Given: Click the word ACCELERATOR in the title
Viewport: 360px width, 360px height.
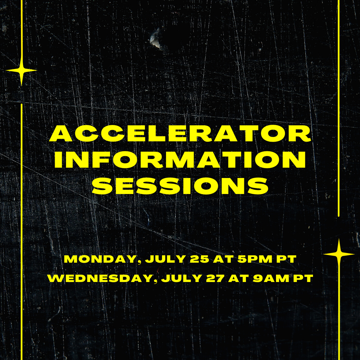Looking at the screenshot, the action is [x=180, y=133].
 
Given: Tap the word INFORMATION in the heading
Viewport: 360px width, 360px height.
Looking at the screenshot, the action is [x=180, y=160].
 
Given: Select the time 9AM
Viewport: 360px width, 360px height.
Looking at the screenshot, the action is [x=271, y=278].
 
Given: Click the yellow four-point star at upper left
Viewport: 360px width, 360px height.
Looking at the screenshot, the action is [x=21, y=70].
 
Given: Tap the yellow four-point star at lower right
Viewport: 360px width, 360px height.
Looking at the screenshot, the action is [x=339, y=254].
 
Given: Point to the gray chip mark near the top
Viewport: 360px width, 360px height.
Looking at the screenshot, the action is [x=156, y=39].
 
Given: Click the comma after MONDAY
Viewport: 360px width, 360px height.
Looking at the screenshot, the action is [x=139, y=262].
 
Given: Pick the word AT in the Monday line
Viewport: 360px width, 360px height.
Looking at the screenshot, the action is [x=223, y=259].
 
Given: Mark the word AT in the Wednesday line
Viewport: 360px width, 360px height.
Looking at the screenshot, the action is [x=239, y=278].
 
